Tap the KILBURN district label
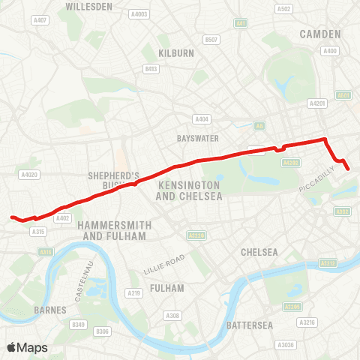[176, 53]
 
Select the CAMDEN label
[320, 34]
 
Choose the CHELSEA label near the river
[259, 252]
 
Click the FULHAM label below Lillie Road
[166, 288]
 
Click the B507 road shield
[212, 40]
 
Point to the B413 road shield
[151, 69]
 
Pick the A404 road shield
[201, 119]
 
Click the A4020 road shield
[29, 175]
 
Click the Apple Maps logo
[27, 347]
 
